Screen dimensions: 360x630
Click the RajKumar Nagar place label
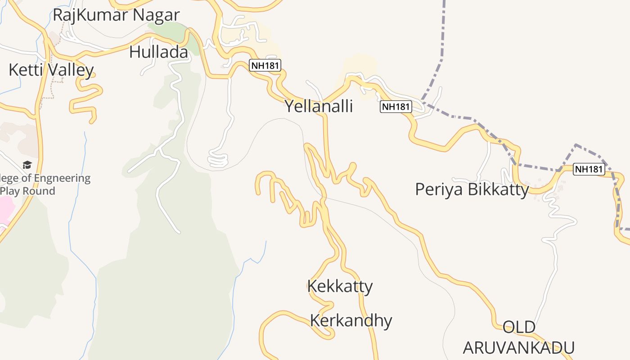click(x=116, y=15)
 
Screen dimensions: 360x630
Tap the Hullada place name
click(x=158, y=52)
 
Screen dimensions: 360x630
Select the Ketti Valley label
click(x=51, y=70)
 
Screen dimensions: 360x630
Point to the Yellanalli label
click(x=319, y=107)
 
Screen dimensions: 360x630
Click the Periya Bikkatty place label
click(x=472, y=189)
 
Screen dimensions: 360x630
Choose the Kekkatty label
click(x=340, y=286)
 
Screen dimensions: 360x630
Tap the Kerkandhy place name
click(x=351, y=320)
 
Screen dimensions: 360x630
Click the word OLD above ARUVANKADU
click(x=518, y=327)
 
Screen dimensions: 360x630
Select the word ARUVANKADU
click(x=518, y=348)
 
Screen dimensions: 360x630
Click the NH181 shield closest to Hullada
click(x=265, y=66)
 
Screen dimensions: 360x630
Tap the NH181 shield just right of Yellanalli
click(x=396, y=107)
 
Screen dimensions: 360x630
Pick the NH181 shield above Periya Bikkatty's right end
click(x=589, y=169)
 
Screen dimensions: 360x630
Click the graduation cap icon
click(x=27, y=165)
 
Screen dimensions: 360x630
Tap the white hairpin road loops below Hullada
click(x=219, y=159)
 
